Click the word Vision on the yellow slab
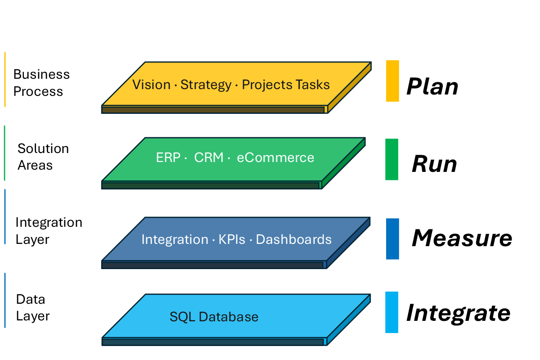[x=151, y=85]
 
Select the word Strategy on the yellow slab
[x=206, y=85]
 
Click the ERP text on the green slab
[x=168, y=157]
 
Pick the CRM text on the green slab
[x=209, y=157]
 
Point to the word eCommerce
[x=275, y=157]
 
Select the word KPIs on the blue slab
[x=232, y=239]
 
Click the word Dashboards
[x=293, y=239]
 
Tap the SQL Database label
[x=214, y=317]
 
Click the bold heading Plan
[x=432, y=87]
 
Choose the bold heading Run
[x=434, y=164]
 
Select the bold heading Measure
[x=462, y=238]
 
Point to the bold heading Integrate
[x=458, y=313]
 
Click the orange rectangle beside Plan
[x=392, y=81]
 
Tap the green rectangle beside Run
[x=391, y=159]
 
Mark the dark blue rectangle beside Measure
[x=392, y=239]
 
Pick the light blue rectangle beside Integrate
[x=391, y=312]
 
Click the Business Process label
[x=41, y=83]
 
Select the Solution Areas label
[x=43, y=157]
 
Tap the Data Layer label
[x=32, y=307]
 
